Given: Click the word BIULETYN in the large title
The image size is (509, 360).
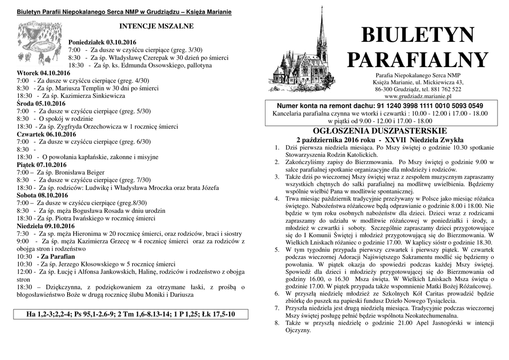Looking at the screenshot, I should pyautogui.click(x=418, y=36).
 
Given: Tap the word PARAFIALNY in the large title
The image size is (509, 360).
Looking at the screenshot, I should pyautogui.click(x=418, y=61).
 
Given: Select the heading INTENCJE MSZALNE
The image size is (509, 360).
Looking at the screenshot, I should pyautogui.click(x=156, y=26).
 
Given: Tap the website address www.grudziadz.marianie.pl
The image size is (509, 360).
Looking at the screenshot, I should pyautogui.click(x=418, y=96).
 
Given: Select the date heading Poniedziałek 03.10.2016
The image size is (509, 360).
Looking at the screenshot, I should pyautogui.click(x=102, y=42).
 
